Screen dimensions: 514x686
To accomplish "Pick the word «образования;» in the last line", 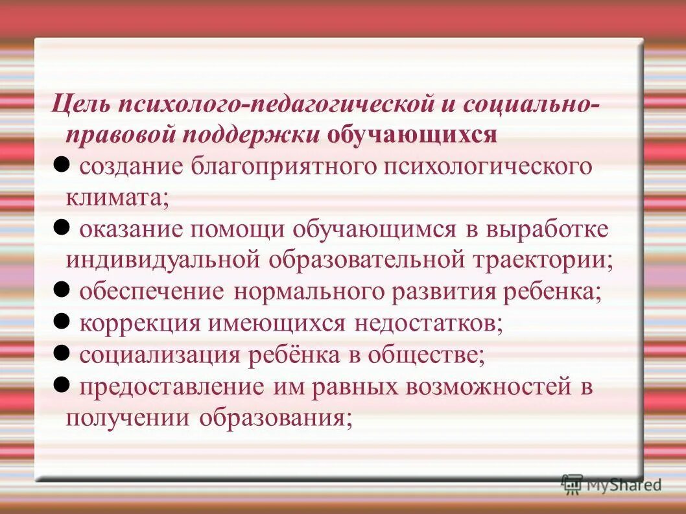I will pos(276,419).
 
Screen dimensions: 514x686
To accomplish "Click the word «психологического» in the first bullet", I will pos(488,166).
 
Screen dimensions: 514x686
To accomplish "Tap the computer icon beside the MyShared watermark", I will pos(571,483).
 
